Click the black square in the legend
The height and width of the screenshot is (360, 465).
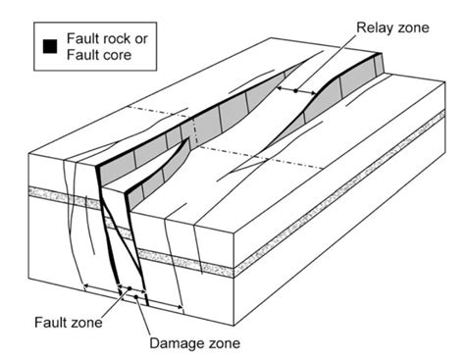click(46, 43)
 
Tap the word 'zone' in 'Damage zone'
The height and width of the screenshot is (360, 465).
click(222, 343)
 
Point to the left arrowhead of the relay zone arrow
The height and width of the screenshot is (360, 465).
click(280, 90)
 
